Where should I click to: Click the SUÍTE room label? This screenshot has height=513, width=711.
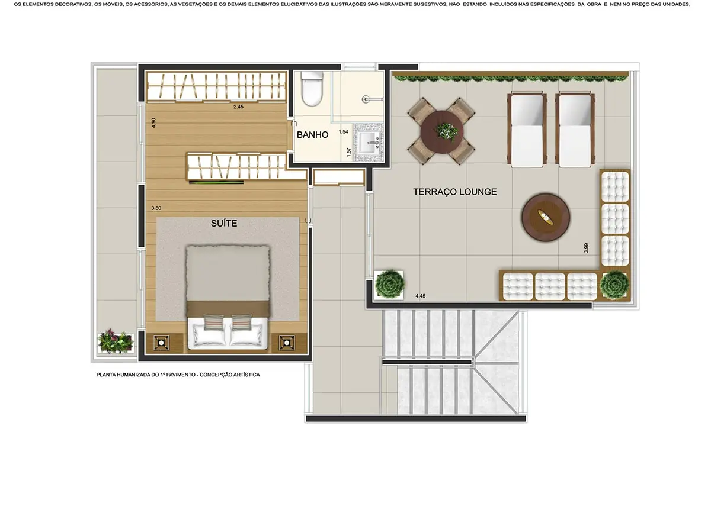coord(224,224)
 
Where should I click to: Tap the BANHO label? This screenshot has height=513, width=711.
coord(312,135)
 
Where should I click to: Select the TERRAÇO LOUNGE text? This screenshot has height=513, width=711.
coord(455,192)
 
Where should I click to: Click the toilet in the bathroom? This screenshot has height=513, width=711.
coord(312,89)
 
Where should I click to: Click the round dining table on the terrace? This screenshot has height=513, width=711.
coord(442,132)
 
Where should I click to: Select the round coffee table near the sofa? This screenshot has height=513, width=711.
coord(546,218)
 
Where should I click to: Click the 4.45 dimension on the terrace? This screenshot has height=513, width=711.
coord(420,296)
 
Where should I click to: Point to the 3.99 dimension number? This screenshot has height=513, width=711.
coord(586,247)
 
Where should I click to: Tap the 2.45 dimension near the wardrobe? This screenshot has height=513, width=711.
coord(238,107)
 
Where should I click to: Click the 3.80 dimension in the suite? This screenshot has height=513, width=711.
coord(156,208)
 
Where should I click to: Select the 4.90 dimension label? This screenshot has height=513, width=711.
coord(153,122)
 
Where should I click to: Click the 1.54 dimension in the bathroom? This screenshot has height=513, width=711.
coord(343,131)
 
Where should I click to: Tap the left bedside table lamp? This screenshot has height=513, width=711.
coord(161,343)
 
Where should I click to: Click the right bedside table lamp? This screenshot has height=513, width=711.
coord(287,343)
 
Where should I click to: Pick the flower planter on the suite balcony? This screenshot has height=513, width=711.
coord(116,341)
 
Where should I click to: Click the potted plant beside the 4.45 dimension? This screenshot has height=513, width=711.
coord(389,285)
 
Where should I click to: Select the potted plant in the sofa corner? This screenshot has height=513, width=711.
coord(615,285)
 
